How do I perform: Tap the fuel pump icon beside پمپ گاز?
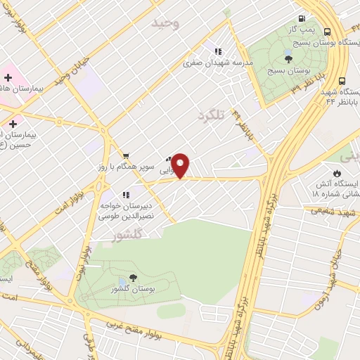[302, 19]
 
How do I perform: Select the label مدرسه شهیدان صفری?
[217, 62]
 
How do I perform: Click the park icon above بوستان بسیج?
[288, 57]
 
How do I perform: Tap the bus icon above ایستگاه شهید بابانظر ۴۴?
[342, 81]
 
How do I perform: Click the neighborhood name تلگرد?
[210, 114]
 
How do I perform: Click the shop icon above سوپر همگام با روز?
[125, 155]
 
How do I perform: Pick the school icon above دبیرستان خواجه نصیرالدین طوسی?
[125, 195]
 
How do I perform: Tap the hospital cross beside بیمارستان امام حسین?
[13, 124]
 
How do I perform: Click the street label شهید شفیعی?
[323, 210]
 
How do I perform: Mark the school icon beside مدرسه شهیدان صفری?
[218, 51]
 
